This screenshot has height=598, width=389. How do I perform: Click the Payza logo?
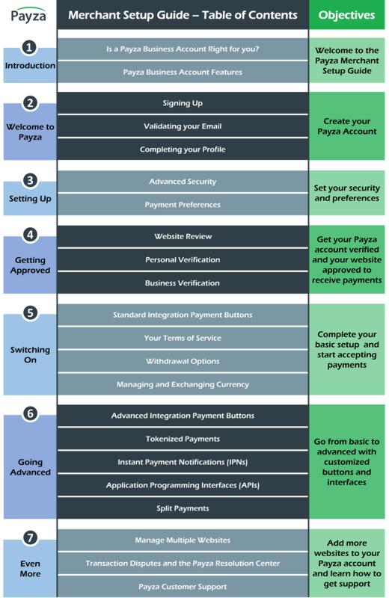pyautogui.click(x=28, y=15)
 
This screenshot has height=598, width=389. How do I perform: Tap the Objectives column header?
pyautogui.click(x=346, y=15)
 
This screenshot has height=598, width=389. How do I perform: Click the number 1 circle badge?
pyautogui.click(x=29, y=48)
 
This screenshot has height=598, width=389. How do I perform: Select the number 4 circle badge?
pyautogui.click(x=30, y=235)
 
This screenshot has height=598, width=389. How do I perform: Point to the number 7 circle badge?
pyautogui.click(x=30, y=537)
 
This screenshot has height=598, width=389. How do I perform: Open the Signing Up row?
pyautogui.click(x=183, y=103)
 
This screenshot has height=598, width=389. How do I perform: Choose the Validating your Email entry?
pyautogui.click(x=183, y=126)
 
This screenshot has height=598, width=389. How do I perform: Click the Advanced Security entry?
pyautogui.click(x=183, y=182)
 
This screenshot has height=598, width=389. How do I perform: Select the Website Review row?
pyautogui.click(x=183, y=236)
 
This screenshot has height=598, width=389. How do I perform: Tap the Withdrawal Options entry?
pyautogui.click(x=183, y=361)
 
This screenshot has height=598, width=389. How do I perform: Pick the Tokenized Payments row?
pyautogui.click(x=183, y=439)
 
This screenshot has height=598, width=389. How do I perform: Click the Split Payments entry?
pyautogui.click(x=183, y=508)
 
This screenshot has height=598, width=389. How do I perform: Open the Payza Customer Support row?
pyautogui.click(x=183, y=587)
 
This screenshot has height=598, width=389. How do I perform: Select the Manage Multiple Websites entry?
pyautogui.click(x=183, y=540)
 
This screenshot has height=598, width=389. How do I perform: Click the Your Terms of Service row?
pyautogui.click(x=183, y=338)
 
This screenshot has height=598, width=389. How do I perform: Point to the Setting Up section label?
pyautogui.click(x=30, y=199)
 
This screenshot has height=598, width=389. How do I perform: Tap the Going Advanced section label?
pyautogui.click(x=30, y=467)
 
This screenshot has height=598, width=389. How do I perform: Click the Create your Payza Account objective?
pyautogui.click(x=346, y=126)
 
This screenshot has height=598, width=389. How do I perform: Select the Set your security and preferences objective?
pyautogui.click(x=346, y=193)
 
